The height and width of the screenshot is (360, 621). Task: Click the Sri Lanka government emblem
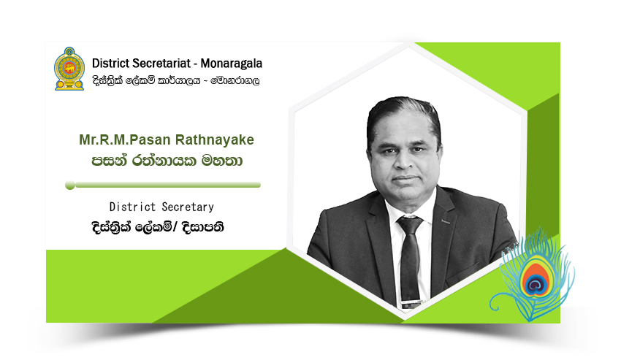69,69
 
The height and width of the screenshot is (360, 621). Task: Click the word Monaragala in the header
232,64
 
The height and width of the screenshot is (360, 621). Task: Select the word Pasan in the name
150,139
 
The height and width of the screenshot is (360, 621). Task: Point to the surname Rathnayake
215,139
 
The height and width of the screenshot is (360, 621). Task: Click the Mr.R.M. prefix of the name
104,139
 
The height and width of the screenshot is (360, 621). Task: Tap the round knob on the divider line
70,185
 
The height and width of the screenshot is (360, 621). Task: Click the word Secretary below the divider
188,207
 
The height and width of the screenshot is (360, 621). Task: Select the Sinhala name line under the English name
167,161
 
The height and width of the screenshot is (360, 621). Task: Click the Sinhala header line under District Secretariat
176,81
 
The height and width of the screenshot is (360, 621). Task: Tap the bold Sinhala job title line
158,227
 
